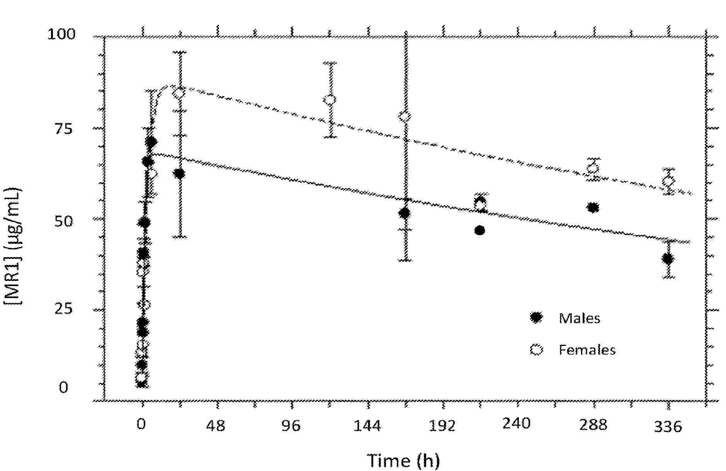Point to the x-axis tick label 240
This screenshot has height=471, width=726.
click(517, 424)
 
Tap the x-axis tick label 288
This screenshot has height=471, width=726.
click(593, 425)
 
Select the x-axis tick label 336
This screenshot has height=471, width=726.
click(668, 427)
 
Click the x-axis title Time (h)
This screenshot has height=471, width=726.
click(403, 460)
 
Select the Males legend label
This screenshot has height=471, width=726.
click(579, 319)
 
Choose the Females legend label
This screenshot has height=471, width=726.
click(587, 350)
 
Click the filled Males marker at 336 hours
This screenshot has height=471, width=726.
click(668, 259)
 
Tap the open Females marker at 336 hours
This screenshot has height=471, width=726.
click(668, 181)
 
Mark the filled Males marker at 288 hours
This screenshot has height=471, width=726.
click(593, 208)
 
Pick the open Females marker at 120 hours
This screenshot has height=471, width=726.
click(330, 100)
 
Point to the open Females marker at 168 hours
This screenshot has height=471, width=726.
click(405, 116)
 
